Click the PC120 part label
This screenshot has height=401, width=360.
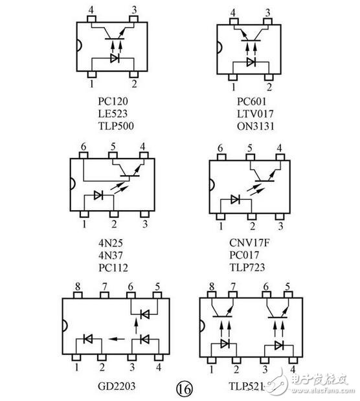click(113, 102)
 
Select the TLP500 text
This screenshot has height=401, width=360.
click(116, 126)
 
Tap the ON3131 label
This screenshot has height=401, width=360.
click(255, 126)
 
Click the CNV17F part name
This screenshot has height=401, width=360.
click(249, 243)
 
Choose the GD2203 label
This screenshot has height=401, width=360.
click(117, 386)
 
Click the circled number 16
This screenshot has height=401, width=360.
click(184, 389)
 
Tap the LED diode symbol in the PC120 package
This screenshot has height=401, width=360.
click(115, 58)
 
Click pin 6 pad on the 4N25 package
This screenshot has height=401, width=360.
click(84, 155)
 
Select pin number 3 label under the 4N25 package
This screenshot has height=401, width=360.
click(145, 224)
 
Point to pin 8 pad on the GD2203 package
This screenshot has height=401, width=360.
click(78, 296)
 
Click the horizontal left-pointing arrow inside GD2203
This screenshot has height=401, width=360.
click(117, 339)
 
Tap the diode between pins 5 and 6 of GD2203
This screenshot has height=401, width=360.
click(145, 314)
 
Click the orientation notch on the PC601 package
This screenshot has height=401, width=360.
click(219, 48)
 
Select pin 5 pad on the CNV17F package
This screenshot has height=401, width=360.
click(250, 157)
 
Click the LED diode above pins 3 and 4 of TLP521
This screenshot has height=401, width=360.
click(278, 345)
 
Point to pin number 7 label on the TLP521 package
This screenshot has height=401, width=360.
click(232, 287)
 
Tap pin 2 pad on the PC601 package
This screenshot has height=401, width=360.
click(269, 77)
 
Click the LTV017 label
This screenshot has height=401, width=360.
click(255, 114)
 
